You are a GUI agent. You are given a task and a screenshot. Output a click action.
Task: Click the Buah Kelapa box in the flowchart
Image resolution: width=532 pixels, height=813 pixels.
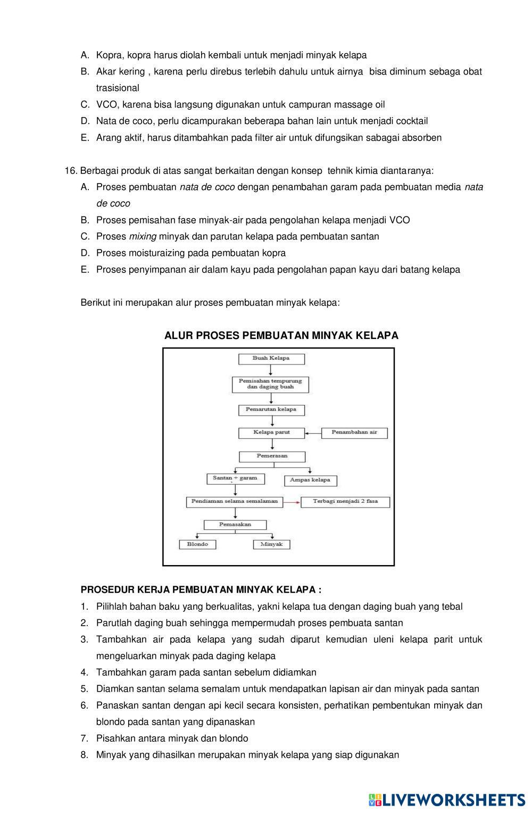coord(271,359)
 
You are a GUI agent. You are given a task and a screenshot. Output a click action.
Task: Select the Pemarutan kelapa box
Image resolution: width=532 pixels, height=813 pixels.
coord(271,410)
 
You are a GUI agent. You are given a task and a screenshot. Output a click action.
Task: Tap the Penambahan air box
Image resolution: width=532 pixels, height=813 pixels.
coord(354,432)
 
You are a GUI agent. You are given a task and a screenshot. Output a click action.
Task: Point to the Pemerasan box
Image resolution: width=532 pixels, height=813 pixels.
coord(272,456)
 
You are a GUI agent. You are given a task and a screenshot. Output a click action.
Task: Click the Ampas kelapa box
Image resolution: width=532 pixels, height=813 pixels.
coord(310,480)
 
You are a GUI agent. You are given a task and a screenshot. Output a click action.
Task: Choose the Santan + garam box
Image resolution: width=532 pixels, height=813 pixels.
coord(235,478)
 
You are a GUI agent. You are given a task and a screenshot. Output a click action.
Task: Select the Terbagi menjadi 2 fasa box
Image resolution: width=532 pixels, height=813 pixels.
coord(345,501)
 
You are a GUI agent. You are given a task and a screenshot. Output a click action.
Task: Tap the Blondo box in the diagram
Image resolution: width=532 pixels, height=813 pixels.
coord(197,544)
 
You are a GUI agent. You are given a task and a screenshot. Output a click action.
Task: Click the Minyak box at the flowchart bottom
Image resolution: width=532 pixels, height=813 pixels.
coord(271,544)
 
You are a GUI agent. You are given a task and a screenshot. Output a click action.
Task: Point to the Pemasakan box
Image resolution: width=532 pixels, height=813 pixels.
coord(235,525)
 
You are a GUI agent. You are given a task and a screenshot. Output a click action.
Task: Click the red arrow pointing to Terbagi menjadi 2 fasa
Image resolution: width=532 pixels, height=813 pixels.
coord(292,502)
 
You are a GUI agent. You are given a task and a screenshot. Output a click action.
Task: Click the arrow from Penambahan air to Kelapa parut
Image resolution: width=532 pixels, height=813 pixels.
coord(313,433)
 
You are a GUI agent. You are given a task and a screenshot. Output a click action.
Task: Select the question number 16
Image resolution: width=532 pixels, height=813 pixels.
coord(71,171)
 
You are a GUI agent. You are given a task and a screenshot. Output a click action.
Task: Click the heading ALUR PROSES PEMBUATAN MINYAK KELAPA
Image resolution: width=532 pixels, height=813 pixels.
coord(281,335)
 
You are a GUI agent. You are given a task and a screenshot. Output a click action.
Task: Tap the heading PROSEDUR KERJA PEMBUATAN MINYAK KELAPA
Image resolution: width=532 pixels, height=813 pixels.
coord(201,590)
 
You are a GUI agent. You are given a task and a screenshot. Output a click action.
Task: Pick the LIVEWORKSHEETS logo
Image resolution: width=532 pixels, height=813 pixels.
coord(447,799)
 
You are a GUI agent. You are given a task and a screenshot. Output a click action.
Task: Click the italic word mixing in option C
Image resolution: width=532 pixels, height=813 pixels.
coord(143,236)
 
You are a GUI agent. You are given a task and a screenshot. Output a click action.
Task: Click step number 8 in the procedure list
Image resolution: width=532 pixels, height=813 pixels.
coord(84,754)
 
